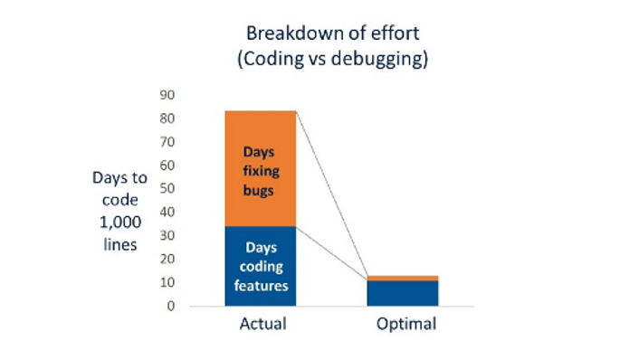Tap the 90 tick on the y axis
167,95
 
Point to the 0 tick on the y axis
171,306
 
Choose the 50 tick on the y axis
167,189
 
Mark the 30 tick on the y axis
167,236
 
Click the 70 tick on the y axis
167,142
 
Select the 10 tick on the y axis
167,283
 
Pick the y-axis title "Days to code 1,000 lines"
117,210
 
